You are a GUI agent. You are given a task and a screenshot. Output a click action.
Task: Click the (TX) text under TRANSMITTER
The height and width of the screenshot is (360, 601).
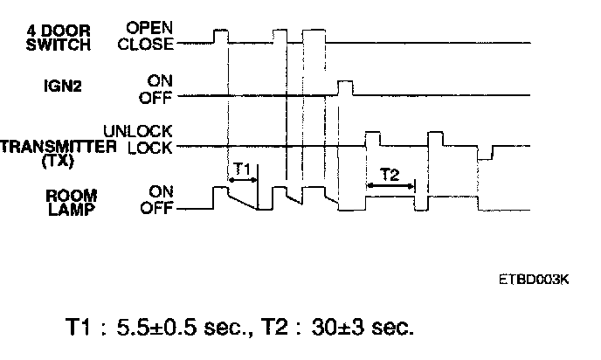click(59, 160)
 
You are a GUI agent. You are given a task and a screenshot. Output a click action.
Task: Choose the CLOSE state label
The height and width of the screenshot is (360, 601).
click(145, 44)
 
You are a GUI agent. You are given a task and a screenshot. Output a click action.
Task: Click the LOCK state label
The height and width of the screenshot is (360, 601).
click(150, 148)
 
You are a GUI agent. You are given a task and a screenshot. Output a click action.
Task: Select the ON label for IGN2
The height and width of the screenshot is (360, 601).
click(162, 80)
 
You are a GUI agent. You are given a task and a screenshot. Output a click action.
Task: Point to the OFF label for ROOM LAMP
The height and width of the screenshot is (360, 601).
click(157, 210)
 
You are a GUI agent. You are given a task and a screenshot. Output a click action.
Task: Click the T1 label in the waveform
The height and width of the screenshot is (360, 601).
click(242, 168)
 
